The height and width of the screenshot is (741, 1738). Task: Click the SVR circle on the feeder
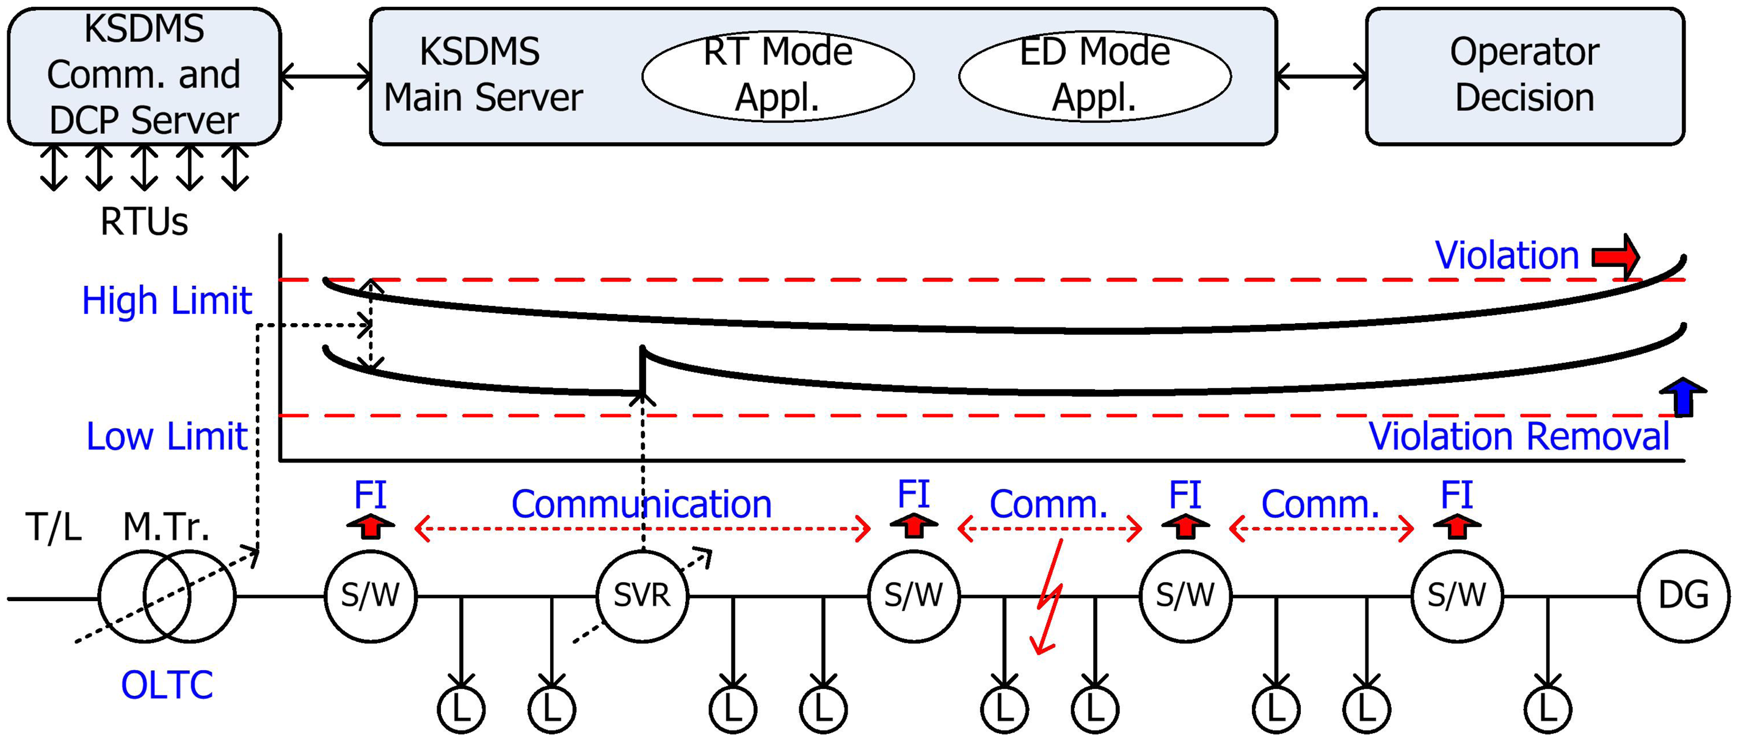point(642,595)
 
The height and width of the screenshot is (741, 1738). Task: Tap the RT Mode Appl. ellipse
point(778,76)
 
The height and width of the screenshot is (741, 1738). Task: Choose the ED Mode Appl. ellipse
point(1094,76)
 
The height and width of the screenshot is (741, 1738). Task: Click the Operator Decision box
point(1524,76)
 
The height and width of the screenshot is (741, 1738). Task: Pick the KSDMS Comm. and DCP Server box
point(144,76)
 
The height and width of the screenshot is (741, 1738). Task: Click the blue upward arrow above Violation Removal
point(1682,397)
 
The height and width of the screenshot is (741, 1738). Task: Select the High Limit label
point(167,301)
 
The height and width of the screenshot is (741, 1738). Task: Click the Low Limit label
point(167,437)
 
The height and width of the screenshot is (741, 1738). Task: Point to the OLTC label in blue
point(167,685)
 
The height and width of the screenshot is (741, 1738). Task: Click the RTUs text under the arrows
point(144,221)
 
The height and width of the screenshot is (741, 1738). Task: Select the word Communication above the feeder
point(641,504)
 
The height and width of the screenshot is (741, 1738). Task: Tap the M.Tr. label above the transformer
point(166,527)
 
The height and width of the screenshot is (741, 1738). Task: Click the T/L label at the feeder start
point(53,527)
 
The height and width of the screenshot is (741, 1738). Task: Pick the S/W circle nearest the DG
point(1456,595)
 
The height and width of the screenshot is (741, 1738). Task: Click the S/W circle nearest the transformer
point(371,595)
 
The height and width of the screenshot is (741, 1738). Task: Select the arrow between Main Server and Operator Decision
point(1321,76)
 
